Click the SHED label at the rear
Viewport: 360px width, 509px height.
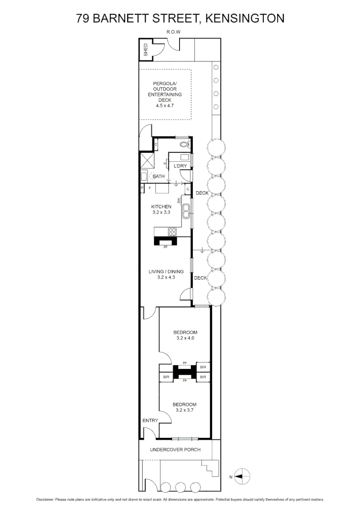coord(146,50)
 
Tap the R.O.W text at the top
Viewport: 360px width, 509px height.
coord(173,32)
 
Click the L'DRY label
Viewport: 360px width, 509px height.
coord(180,166)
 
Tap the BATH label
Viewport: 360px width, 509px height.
coord(158,176)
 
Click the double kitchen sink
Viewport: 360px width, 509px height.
coord(187,210)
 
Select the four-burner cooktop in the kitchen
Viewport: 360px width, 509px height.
coord(172,231)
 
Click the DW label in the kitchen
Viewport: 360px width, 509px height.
coord(179,201)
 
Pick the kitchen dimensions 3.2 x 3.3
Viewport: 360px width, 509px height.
coord(161,213)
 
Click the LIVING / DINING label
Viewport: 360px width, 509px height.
coord(164,271)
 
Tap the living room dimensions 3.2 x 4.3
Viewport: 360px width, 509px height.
coord(166,278)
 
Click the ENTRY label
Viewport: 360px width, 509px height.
coord(150,420)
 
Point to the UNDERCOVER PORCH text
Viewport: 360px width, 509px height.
coord(175,450)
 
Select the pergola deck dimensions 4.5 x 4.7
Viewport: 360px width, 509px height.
coord(164,106)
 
